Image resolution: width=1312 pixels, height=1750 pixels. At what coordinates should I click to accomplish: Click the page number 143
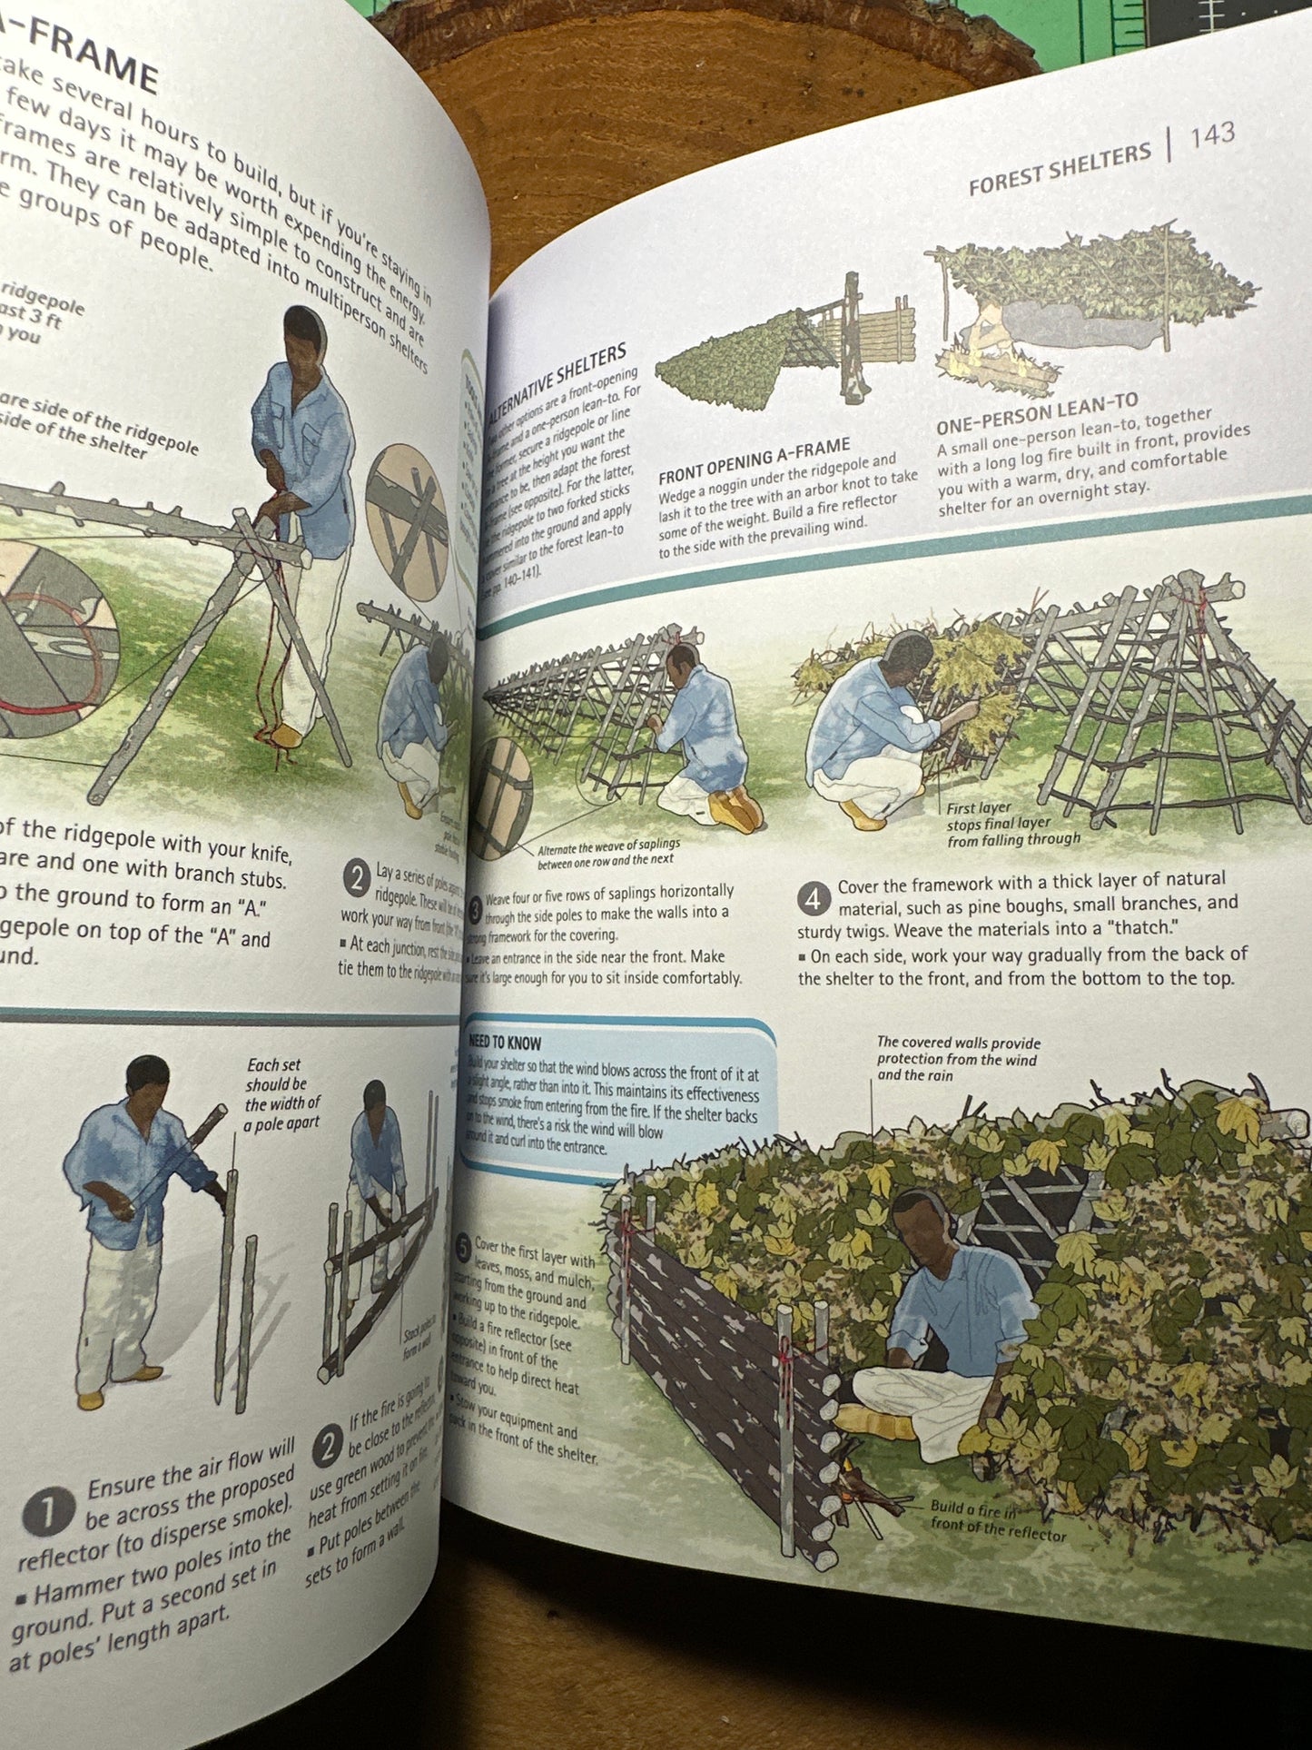tap(1212, 135)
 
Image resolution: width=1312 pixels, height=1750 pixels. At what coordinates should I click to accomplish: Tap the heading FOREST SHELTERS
tap(1060, 169)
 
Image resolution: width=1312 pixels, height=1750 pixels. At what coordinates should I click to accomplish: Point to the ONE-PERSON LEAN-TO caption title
tap(1036, 413)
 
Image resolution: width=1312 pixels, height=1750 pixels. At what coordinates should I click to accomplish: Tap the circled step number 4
tap(814, 899)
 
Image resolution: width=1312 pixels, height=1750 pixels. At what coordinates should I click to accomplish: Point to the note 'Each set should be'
tap(281, 1093)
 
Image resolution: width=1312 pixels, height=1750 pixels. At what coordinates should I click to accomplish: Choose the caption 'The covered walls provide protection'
tap(958, 1058)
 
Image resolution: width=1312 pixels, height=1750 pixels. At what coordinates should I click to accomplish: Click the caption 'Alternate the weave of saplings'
tap(607, 852)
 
